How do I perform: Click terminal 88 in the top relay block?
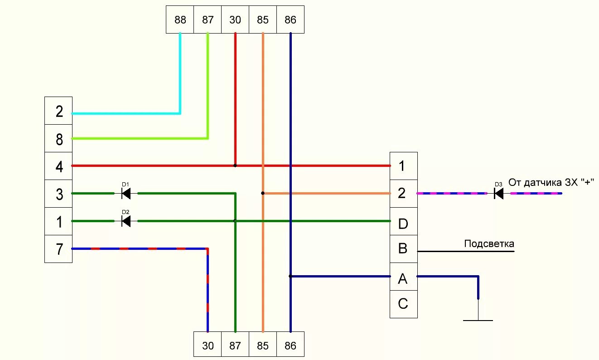coord(180,19)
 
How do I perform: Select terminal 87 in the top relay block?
coord(208,19)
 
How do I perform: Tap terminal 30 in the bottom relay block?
coord(208,345)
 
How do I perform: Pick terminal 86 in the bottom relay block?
coord(290,345)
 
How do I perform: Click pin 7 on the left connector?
coord(58,249)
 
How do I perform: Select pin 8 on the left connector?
coord(58,139)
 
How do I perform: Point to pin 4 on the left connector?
coord(58,166)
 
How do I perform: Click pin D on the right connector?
coord(403,223)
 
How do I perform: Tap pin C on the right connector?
coord(403,304)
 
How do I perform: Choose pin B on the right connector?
coord(403,249)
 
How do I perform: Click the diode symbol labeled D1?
coord(126,194)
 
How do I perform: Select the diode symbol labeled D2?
coord(126,221)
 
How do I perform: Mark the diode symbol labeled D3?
coord(498,194)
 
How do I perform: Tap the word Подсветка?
coord(489,244)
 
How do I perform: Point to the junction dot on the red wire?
coord(235,165)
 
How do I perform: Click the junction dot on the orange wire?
coord(263,193)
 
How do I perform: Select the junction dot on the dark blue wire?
coord(290,276)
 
